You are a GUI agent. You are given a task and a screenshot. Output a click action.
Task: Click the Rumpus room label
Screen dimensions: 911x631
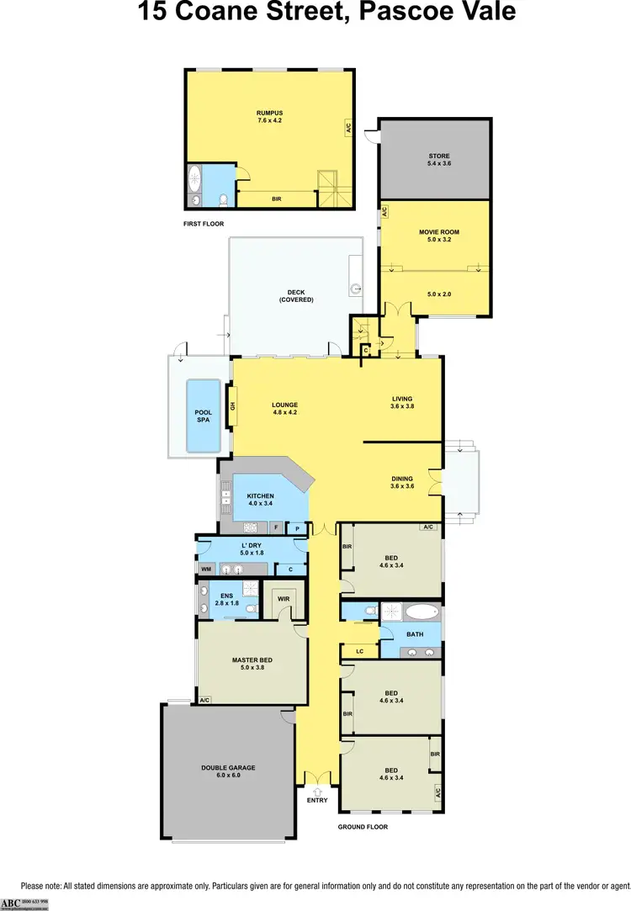coord(269,114)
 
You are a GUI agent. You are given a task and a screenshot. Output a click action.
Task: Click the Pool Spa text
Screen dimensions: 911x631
coord(203,416)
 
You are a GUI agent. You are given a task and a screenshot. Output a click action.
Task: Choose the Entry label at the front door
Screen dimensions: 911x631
coord(317,800)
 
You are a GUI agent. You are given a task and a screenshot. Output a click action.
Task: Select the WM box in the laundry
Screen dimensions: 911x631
coord(205,569)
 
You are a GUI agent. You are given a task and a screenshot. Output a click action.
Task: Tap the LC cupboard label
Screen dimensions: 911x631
coord(359,651)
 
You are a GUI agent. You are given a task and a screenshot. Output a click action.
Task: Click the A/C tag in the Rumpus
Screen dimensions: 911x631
coord(347,129)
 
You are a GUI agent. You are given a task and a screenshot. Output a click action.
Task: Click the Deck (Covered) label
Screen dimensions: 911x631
coord(295,296)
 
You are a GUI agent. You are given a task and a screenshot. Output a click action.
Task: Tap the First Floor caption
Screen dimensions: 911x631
coord(204,224)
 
